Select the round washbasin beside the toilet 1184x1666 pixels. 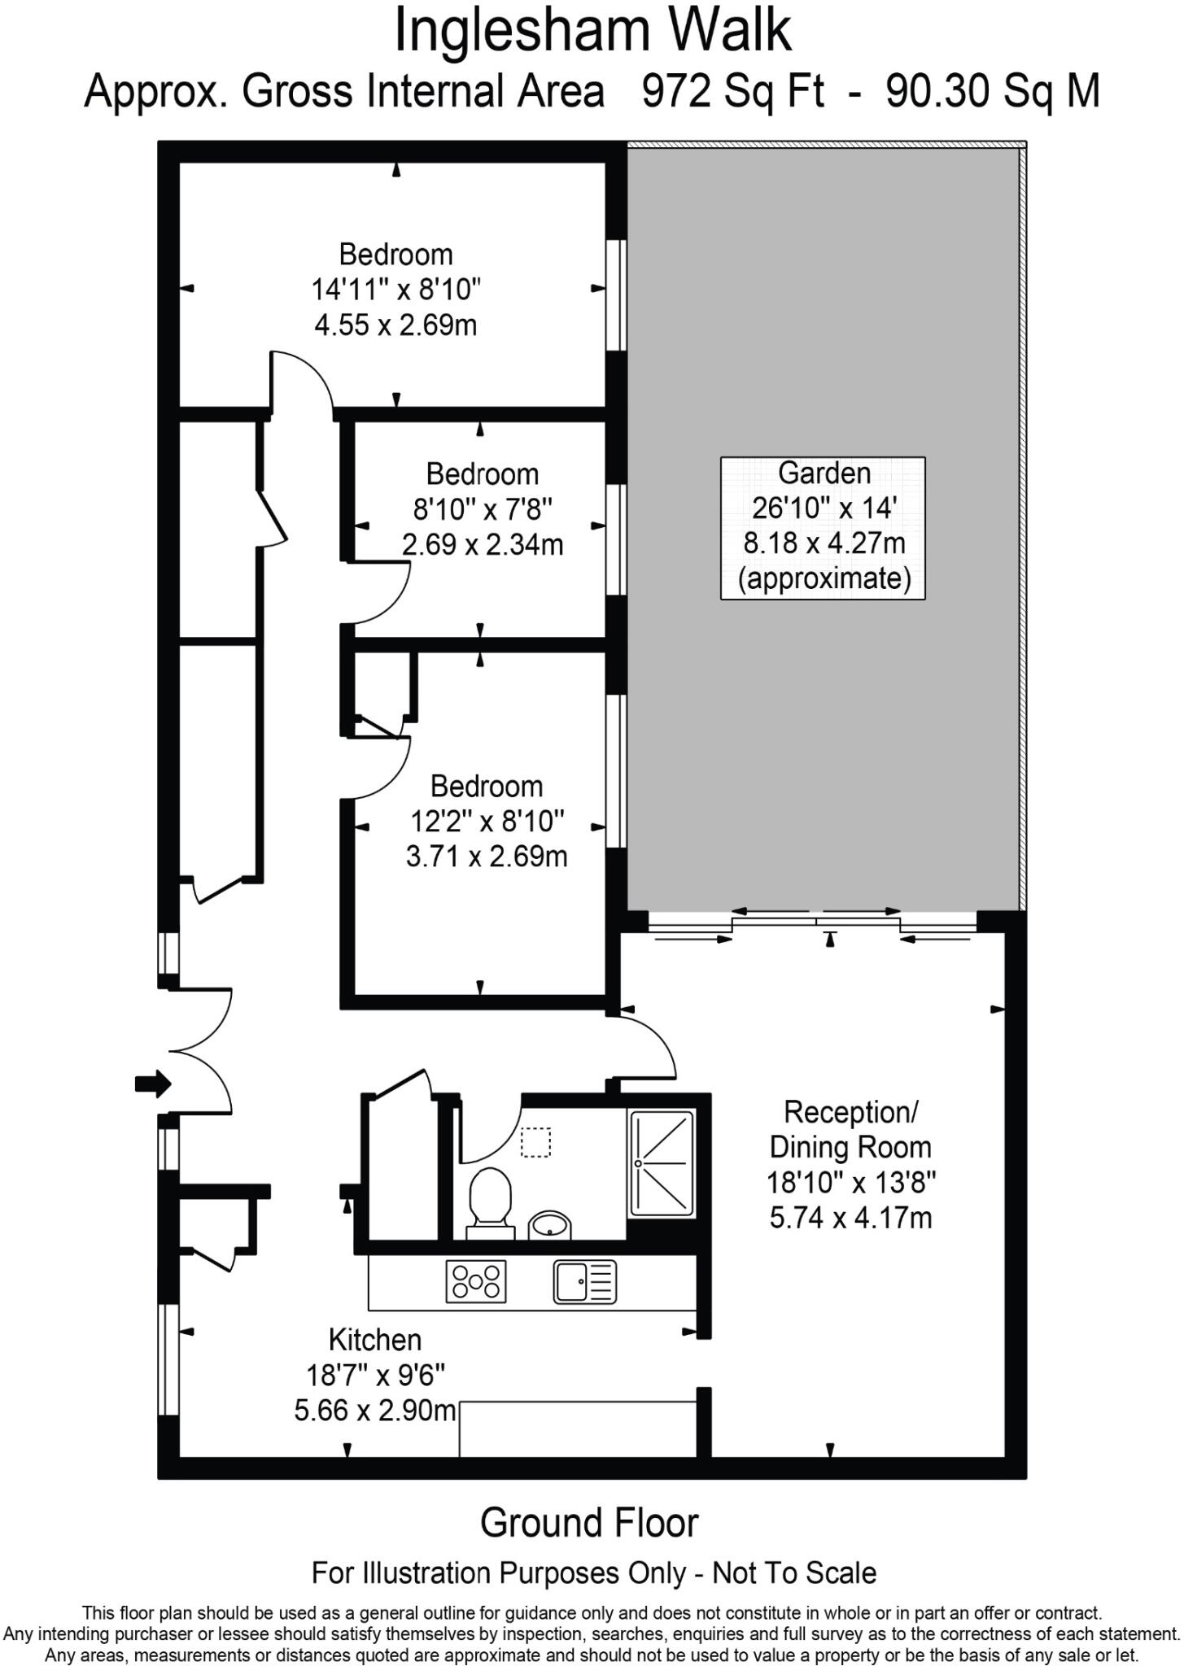click(x=549, y=1224)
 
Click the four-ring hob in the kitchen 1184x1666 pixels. click(x=476, y=1280)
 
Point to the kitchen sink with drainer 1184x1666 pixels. click(x=584, y=1281)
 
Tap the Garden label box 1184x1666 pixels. click(x=823, y=528)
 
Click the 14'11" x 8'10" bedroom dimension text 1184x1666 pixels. click(x=396, y=290)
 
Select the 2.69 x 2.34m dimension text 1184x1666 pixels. click(x=483, y=544)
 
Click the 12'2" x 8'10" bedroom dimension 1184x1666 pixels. click(x=487, y=822)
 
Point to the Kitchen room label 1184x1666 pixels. click(x=375, y=1340)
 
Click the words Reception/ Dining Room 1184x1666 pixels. click(x=851, y=1129)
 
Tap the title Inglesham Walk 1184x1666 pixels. click(x=592, y=31)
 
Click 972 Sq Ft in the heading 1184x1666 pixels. click(x=732, y=91)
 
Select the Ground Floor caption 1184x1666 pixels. click(x=589, y=1523)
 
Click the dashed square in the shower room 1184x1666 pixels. click(x=535, y=1142)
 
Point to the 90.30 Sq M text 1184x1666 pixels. click(x=992, y=91)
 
